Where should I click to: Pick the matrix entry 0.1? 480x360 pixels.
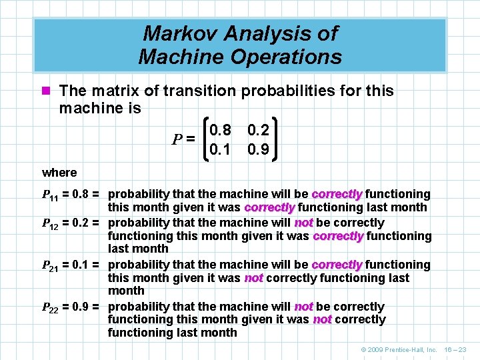tap(219, 149)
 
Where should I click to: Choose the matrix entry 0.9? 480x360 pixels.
tap(257, 149)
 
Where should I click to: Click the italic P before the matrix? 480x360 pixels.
tap(177, 140)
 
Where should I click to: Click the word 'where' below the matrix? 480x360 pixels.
tap(59, 173)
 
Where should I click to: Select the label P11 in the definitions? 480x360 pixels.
tap(51, 195)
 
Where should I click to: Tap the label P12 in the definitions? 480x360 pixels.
tap(51, 223)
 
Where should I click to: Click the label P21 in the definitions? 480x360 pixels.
tap(51, 265)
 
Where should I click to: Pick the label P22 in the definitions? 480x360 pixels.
tap(51, 307)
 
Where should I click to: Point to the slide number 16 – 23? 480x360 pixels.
tap(457, 349)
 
